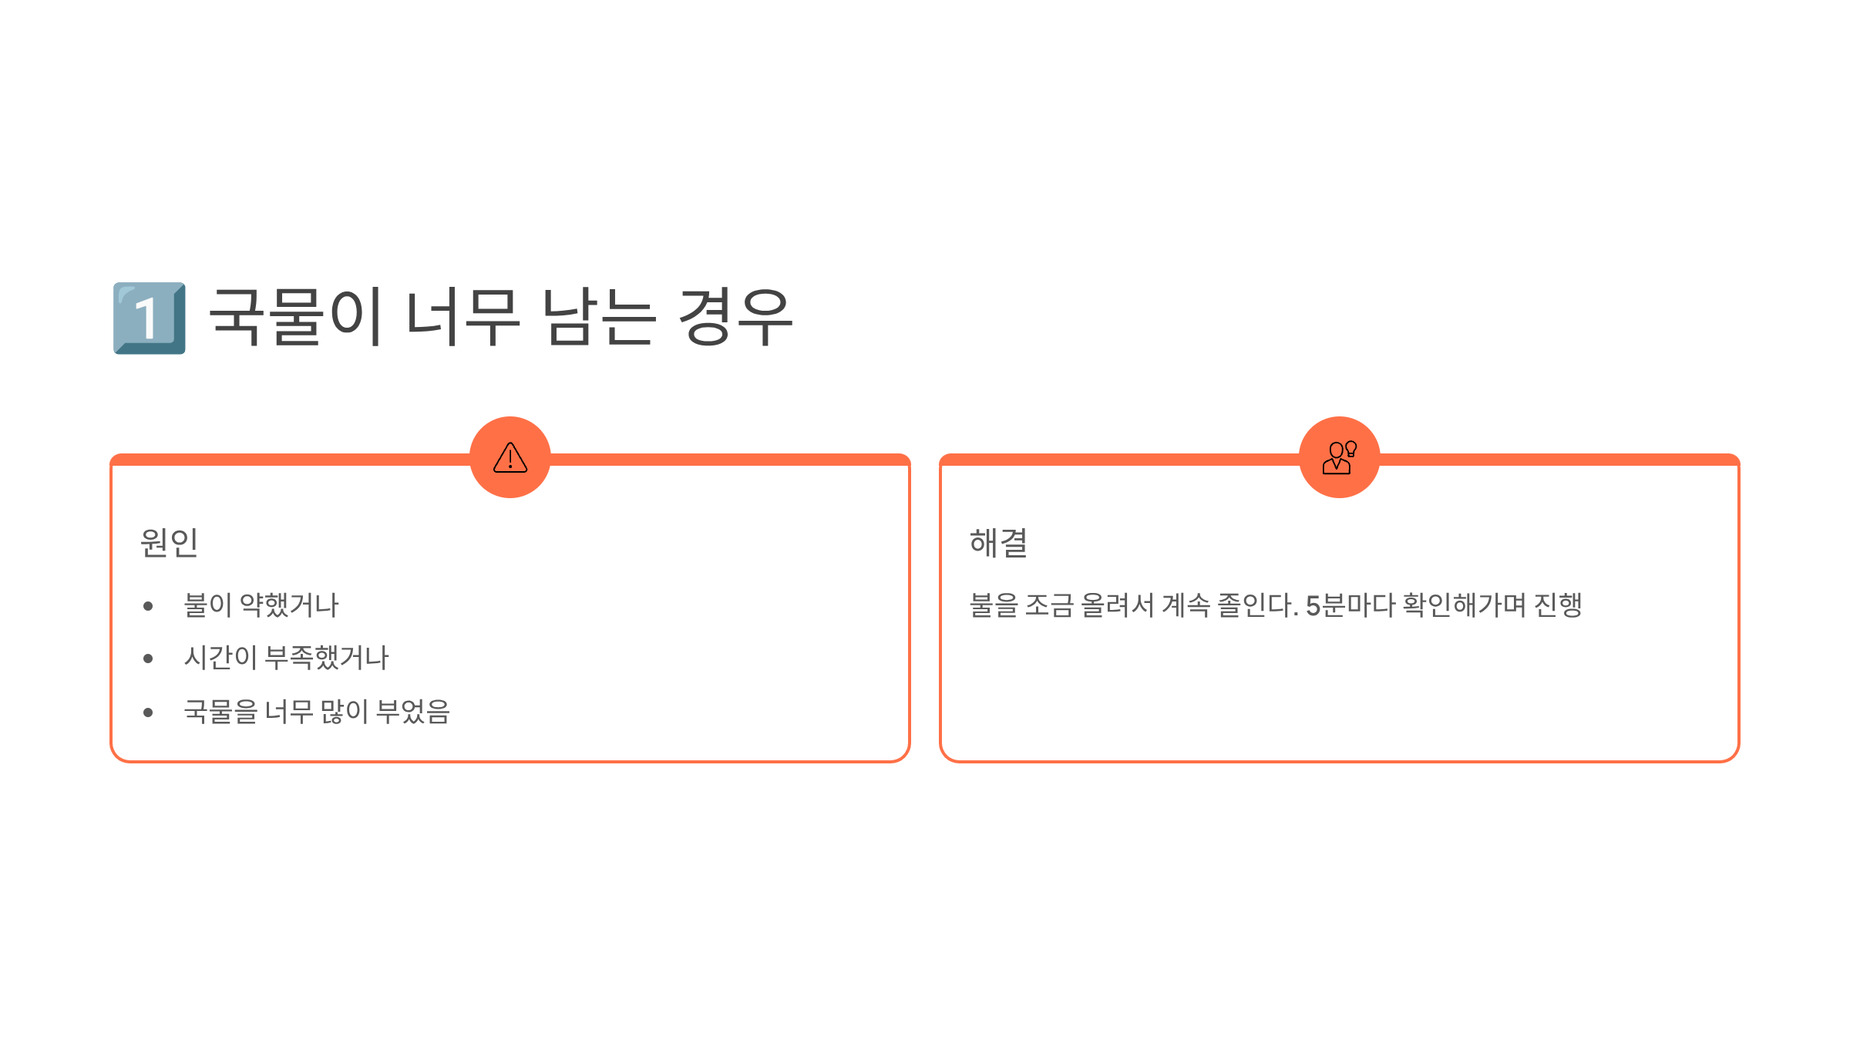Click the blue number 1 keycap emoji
150,318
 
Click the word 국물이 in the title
296,317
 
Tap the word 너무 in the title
462,317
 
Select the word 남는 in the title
599,317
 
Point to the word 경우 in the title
735,317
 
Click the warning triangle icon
510,457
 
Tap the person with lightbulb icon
1339,457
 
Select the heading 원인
170,543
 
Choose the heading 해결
998,543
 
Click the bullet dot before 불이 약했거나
148,606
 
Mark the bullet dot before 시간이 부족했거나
148,659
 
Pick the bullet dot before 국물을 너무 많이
148,713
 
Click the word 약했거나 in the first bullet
289,605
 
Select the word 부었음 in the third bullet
412,711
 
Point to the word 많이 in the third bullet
345,711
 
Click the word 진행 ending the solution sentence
1558,605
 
